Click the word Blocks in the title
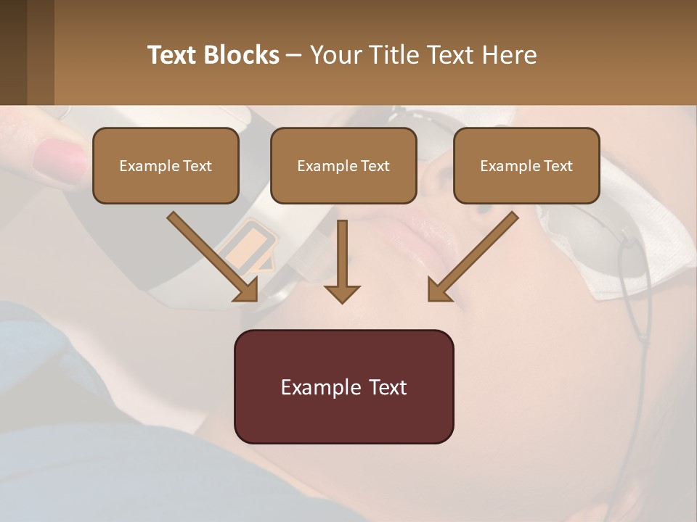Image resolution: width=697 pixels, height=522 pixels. pyautogui.click(x=244, y=54)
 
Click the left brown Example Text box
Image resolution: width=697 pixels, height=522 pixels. pyautogui.click(x=166, y=165)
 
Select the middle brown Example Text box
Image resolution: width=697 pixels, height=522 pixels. pyautogui.click(x=343, y=165)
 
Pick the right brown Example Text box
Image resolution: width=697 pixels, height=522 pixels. pyautogui.click(x=526, y=165)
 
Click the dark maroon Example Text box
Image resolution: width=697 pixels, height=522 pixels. pyautogui.click(x=343, y=386)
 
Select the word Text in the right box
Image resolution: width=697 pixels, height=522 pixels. pyautogui.click(x=558, y=166)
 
